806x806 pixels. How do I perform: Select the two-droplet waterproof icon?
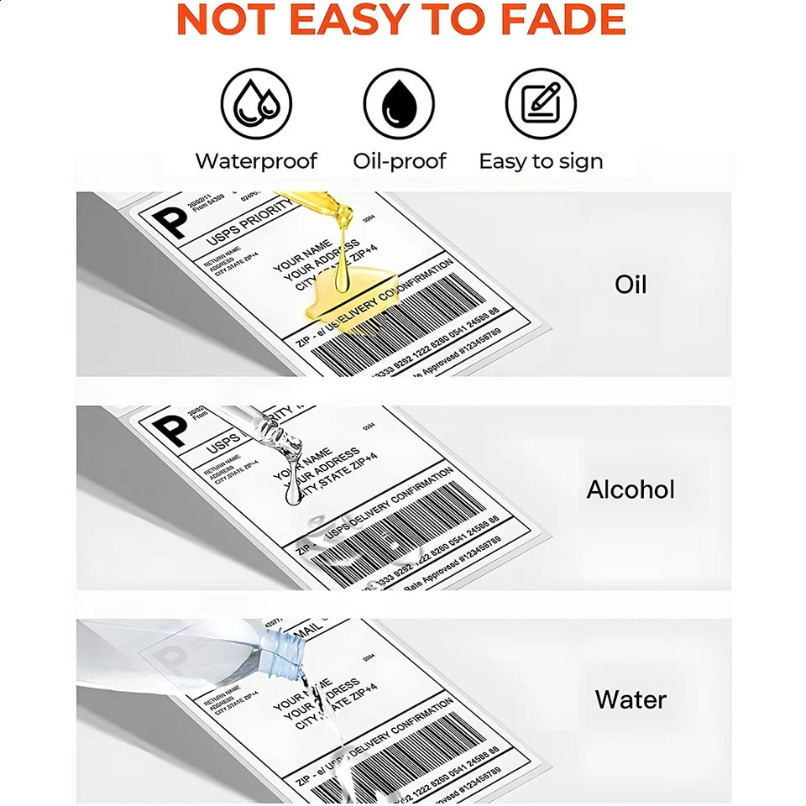point(257,104)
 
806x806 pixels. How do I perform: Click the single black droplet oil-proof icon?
point(399,104)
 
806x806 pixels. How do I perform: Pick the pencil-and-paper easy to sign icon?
point(541,104)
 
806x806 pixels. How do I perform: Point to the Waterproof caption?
point(257,161)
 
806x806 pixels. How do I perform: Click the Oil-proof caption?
point(399,161)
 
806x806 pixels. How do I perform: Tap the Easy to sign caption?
point(541,161)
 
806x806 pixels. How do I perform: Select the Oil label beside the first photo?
point(631,284)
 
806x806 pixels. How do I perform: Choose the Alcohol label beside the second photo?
point(631,489)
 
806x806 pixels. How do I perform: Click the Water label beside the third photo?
point(631,699)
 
